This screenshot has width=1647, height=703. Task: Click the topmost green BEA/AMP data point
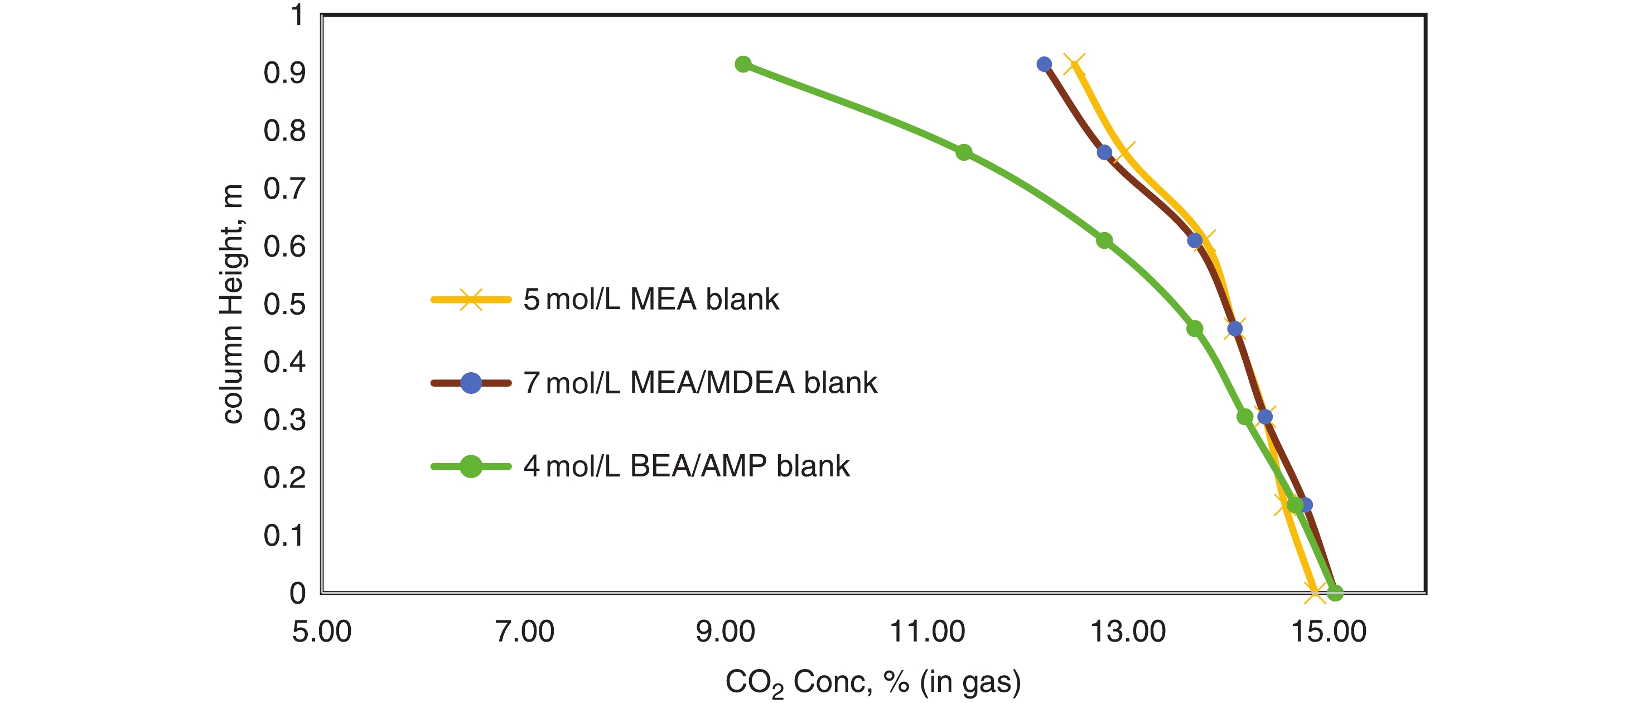point(743,64)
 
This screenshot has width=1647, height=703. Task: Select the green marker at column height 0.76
point(964,152)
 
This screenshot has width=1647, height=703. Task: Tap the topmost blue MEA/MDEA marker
point(1044,64)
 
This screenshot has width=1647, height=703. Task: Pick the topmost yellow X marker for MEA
point(1074,65)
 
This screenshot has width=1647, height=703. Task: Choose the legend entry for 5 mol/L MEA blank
point(651,300)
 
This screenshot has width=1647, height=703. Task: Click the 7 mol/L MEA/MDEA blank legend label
point(700,383)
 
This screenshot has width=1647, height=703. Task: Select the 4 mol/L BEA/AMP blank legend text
point(686,466)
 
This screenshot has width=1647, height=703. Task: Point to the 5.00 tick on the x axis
point(322,632)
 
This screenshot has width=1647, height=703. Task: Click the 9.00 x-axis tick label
point(725,632)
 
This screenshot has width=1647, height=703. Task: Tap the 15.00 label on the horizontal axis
point(1329,632)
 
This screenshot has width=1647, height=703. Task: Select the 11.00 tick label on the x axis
point(927,632)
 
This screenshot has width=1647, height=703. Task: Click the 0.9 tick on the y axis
point(284,73)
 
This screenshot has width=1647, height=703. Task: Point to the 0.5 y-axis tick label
point(284,305)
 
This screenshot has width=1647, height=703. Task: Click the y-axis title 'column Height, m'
point(232,304)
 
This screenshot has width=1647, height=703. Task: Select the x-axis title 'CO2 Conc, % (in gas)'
point(873,682)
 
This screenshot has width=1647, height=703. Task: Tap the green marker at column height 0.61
point(1104,240)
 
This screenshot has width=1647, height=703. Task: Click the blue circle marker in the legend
point(471,383)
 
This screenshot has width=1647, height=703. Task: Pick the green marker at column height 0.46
point(1194,329)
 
